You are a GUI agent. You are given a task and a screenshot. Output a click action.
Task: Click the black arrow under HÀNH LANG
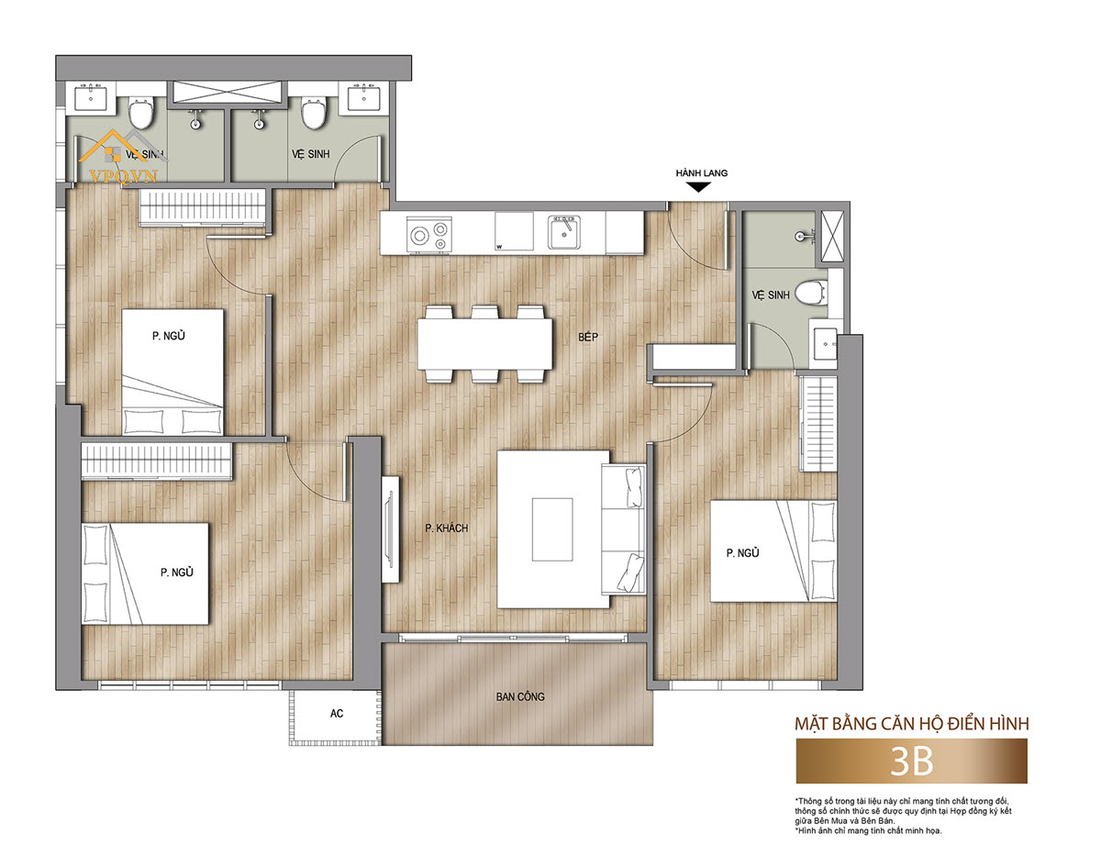[x=699, y=187]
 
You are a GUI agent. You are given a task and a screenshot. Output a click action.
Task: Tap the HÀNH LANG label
[x=701, y=172]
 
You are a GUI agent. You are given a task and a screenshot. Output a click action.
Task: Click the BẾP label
[x=588, y=337]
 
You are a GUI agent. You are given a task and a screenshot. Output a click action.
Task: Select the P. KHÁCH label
[x=447, y=528]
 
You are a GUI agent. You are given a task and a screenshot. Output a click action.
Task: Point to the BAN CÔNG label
[x=520, y=697]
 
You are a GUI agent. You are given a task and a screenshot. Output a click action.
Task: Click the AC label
[x=337, y=714]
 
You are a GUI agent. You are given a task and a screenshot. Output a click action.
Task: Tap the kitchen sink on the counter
[x=564, y=232]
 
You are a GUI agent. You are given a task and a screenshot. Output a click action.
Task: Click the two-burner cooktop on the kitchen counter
[x=429, y=235]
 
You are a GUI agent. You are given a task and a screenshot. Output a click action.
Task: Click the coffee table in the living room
[x=552, y=529]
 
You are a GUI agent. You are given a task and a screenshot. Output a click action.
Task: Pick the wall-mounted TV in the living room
[x=390, y=529]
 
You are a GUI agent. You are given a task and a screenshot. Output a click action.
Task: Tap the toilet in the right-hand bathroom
[x=811, y=294]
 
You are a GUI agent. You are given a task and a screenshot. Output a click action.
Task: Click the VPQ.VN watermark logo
[x=123, y=155]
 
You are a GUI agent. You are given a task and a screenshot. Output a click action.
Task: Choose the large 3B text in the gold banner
[x=911, y=762]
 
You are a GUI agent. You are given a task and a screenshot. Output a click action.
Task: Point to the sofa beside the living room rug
[x=623, y=529]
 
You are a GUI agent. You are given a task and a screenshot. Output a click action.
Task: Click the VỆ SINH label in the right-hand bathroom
[x=771, y=295]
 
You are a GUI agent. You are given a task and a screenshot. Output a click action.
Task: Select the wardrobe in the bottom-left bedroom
[x=157, y=461]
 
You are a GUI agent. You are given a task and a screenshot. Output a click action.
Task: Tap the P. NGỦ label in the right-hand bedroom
[x=742, y=553]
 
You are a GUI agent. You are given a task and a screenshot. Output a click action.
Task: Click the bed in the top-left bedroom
[x=172, y=372]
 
